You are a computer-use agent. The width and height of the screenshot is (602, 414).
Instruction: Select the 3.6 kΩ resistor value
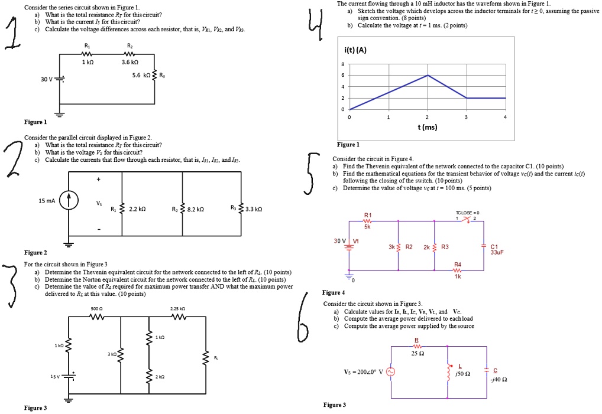[130, 62]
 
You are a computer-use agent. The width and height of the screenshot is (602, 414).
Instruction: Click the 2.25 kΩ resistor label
[178, 308]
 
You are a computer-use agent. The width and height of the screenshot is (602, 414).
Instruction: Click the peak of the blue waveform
[428, 76]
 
